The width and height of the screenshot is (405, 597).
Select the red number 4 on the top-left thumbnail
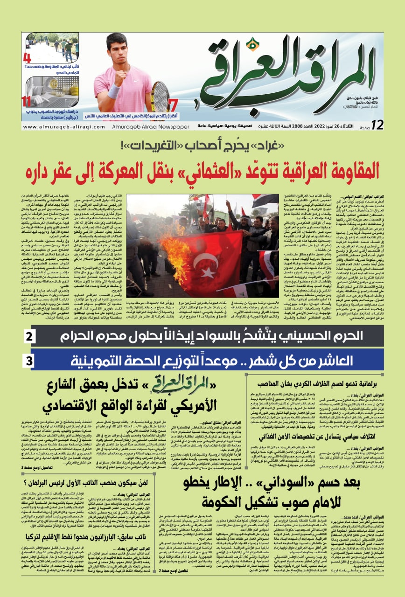[x=28, y=59]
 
